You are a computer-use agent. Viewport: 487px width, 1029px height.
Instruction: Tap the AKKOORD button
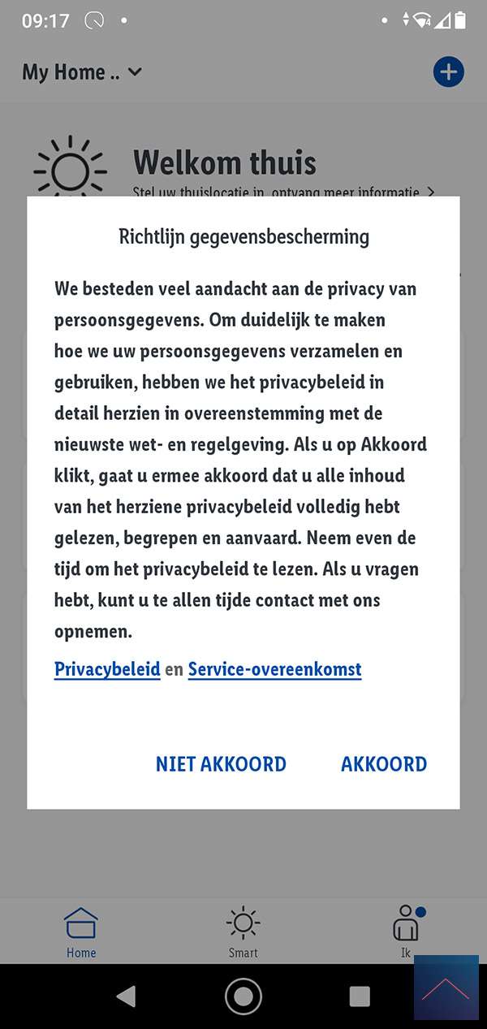[x=384, y=764]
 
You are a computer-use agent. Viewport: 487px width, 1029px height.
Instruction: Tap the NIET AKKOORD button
[x=221, y=764]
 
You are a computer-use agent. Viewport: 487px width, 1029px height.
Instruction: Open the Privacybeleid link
[x=107, y=670]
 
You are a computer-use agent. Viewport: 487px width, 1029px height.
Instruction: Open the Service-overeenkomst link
[x=274, y=670]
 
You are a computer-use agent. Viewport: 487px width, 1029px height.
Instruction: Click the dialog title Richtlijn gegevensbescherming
[x=243, y=237]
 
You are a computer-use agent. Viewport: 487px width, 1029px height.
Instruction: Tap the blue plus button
[x=448, y=72]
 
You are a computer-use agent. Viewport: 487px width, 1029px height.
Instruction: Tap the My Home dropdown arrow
[x=136, y=72]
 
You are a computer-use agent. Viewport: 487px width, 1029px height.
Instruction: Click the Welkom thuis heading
[x=225, y=162]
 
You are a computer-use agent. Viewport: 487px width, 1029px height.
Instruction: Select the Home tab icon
[x=81, y=924]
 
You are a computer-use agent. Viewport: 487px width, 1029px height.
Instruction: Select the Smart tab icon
[x=243, y=924]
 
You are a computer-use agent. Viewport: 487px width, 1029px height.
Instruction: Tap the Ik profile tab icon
[x=406, y=924]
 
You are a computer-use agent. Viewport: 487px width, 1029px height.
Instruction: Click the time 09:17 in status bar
[x=45, y=21]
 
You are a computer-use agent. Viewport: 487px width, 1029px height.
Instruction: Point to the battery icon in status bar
[x=461, y=20]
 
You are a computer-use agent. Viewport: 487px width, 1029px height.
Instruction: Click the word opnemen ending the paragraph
[x=93, y=632]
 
